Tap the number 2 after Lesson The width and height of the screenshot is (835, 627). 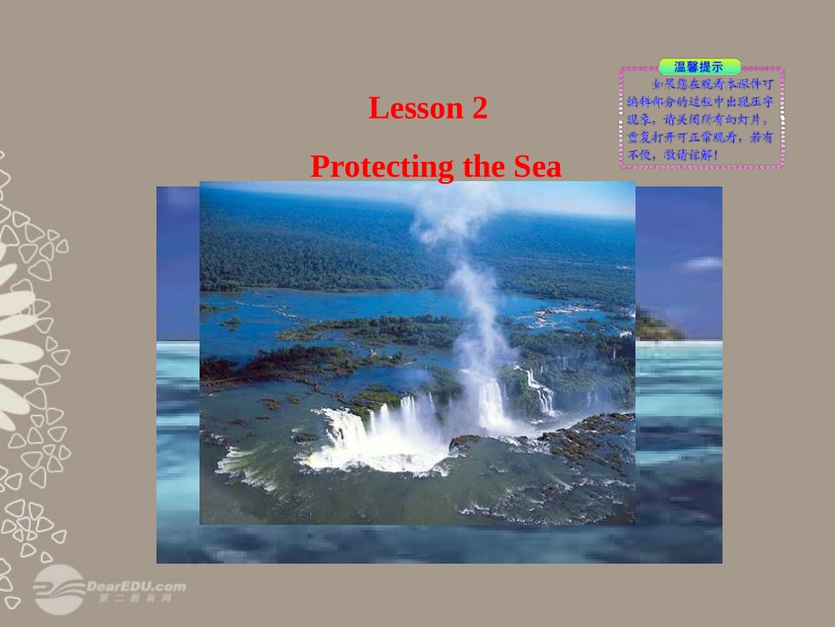click(x=479, y=108)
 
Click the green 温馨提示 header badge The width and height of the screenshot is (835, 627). click(x=699, y=66)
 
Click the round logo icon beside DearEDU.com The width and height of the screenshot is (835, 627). click(x=58, y=587)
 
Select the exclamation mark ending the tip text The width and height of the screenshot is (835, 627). click(x=715, y=157)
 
